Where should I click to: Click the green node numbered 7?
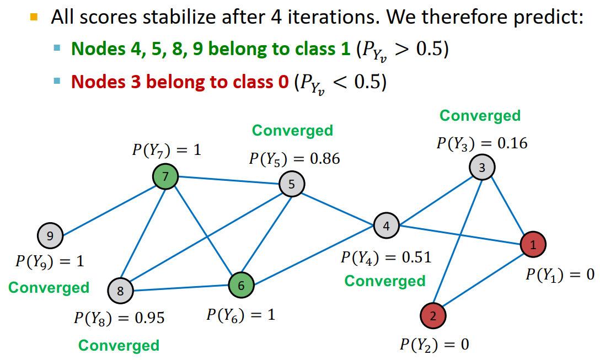(165, 177)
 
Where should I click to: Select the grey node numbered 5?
(291, 184)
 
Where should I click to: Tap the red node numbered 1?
(533, 244)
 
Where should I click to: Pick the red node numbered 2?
(433, 316)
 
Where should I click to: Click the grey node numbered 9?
(50, 237)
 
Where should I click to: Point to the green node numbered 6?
(242, 285)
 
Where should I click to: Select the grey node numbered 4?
(386, 225)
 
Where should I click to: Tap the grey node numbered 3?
(483, 168)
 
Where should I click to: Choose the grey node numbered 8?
(121, 291)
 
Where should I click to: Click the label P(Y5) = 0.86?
(294, 159)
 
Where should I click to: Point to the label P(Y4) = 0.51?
(386, 257)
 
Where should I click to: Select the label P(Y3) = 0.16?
(482, 143)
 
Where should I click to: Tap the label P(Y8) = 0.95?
(119, 318)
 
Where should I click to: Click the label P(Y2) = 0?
(435, 345)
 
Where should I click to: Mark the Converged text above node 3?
(480, 116)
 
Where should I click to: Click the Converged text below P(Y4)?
(385, 281)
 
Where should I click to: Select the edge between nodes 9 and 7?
(108, 207)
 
